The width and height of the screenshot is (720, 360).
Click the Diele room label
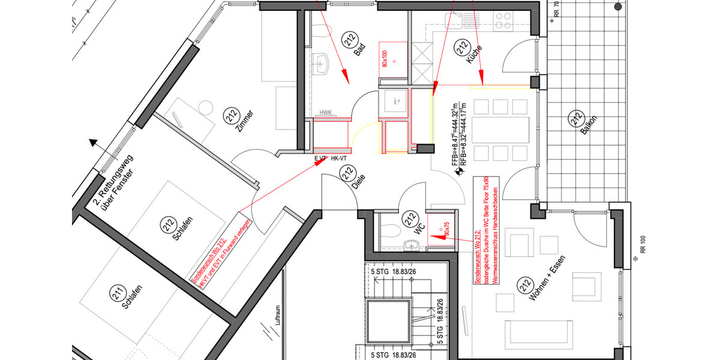pos(358,185)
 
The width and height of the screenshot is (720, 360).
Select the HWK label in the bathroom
pos(326,112)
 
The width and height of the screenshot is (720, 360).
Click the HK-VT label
pos(340,158)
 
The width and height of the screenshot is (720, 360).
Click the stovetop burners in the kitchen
pos(501,24)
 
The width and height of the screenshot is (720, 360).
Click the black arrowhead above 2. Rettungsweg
pos(94,143)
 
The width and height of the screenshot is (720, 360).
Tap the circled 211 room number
pos(118,295)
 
